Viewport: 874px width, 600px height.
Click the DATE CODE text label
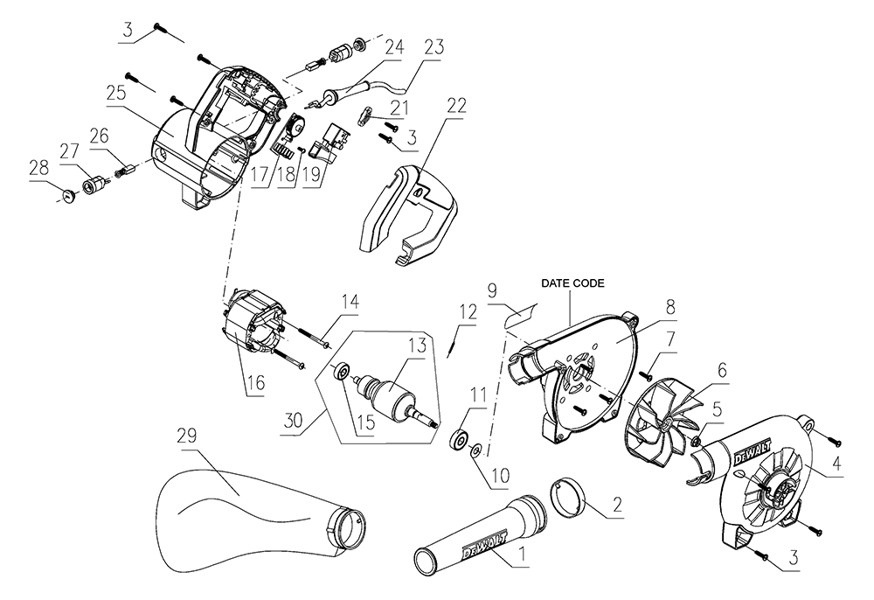click(x=572, y=283)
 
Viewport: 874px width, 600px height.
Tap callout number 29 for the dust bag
click(x=184, y=436)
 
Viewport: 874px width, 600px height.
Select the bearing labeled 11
click(x=457, y=438)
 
